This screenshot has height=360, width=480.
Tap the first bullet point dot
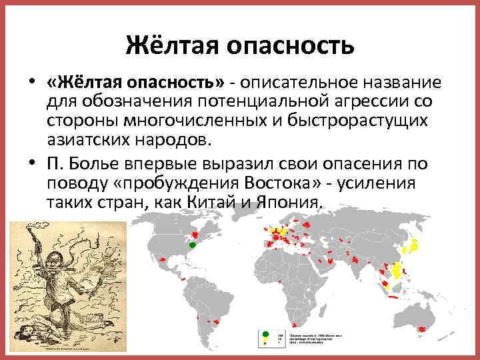point(31,83)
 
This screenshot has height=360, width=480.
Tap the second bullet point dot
point(31,165)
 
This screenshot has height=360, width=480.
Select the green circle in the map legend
point(265,333)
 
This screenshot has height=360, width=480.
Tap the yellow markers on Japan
point(413,245)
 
